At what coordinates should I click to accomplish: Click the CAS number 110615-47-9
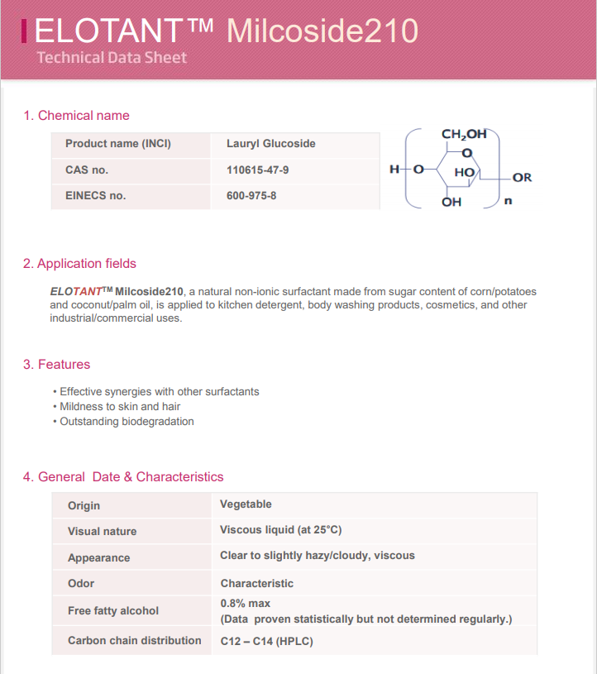point(257,170)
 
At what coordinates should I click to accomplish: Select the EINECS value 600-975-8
point(251,196)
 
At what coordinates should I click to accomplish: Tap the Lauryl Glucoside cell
point(270,143)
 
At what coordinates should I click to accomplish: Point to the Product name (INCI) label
point(118,143)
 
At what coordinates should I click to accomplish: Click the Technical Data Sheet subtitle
point(112,57)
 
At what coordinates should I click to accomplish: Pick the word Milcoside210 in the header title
point(322,31)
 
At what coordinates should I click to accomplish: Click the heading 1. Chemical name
point(76,115)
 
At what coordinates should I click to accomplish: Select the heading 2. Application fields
point(79,263)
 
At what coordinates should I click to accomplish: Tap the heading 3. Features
point(56,364)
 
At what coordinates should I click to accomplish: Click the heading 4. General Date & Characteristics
point(123,476)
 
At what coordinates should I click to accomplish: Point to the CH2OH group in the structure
point(463,134)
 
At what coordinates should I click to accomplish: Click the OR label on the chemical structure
point(522,177)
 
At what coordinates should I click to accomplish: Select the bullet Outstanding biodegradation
point(127,421)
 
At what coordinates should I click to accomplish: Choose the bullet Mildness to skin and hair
point(120,406)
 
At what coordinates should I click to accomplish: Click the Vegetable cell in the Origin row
point(246,504)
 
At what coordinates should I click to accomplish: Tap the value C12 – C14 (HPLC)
point(266,641)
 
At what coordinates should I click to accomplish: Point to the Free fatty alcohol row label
point(113,610)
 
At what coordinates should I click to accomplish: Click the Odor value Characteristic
point(256,583)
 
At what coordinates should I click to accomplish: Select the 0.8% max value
point(245,603)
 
